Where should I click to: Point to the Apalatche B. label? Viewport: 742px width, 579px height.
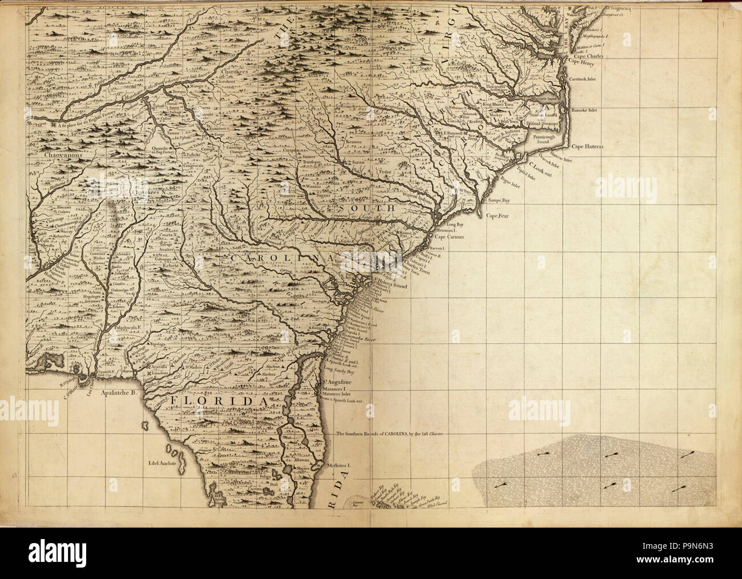(x=116, y=393)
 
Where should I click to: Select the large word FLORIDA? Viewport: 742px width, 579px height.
(x=219, y=403)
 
